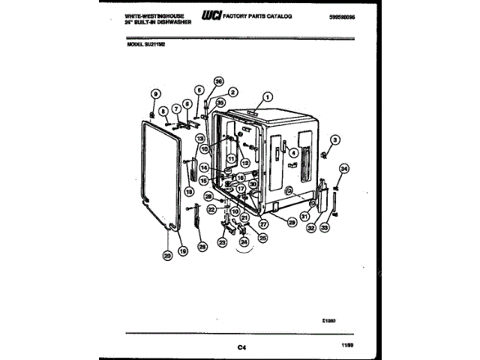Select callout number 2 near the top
point(232,91)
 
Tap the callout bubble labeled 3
point(335,139)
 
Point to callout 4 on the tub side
point(293,153)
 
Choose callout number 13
point(200,139)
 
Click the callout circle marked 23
point(222,242)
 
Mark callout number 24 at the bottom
point(244,242)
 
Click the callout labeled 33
point(325,227)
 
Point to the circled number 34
point(344,168)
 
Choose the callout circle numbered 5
point(199,90)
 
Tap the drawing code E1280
point(327,321)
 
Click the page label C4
point(241,346)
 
